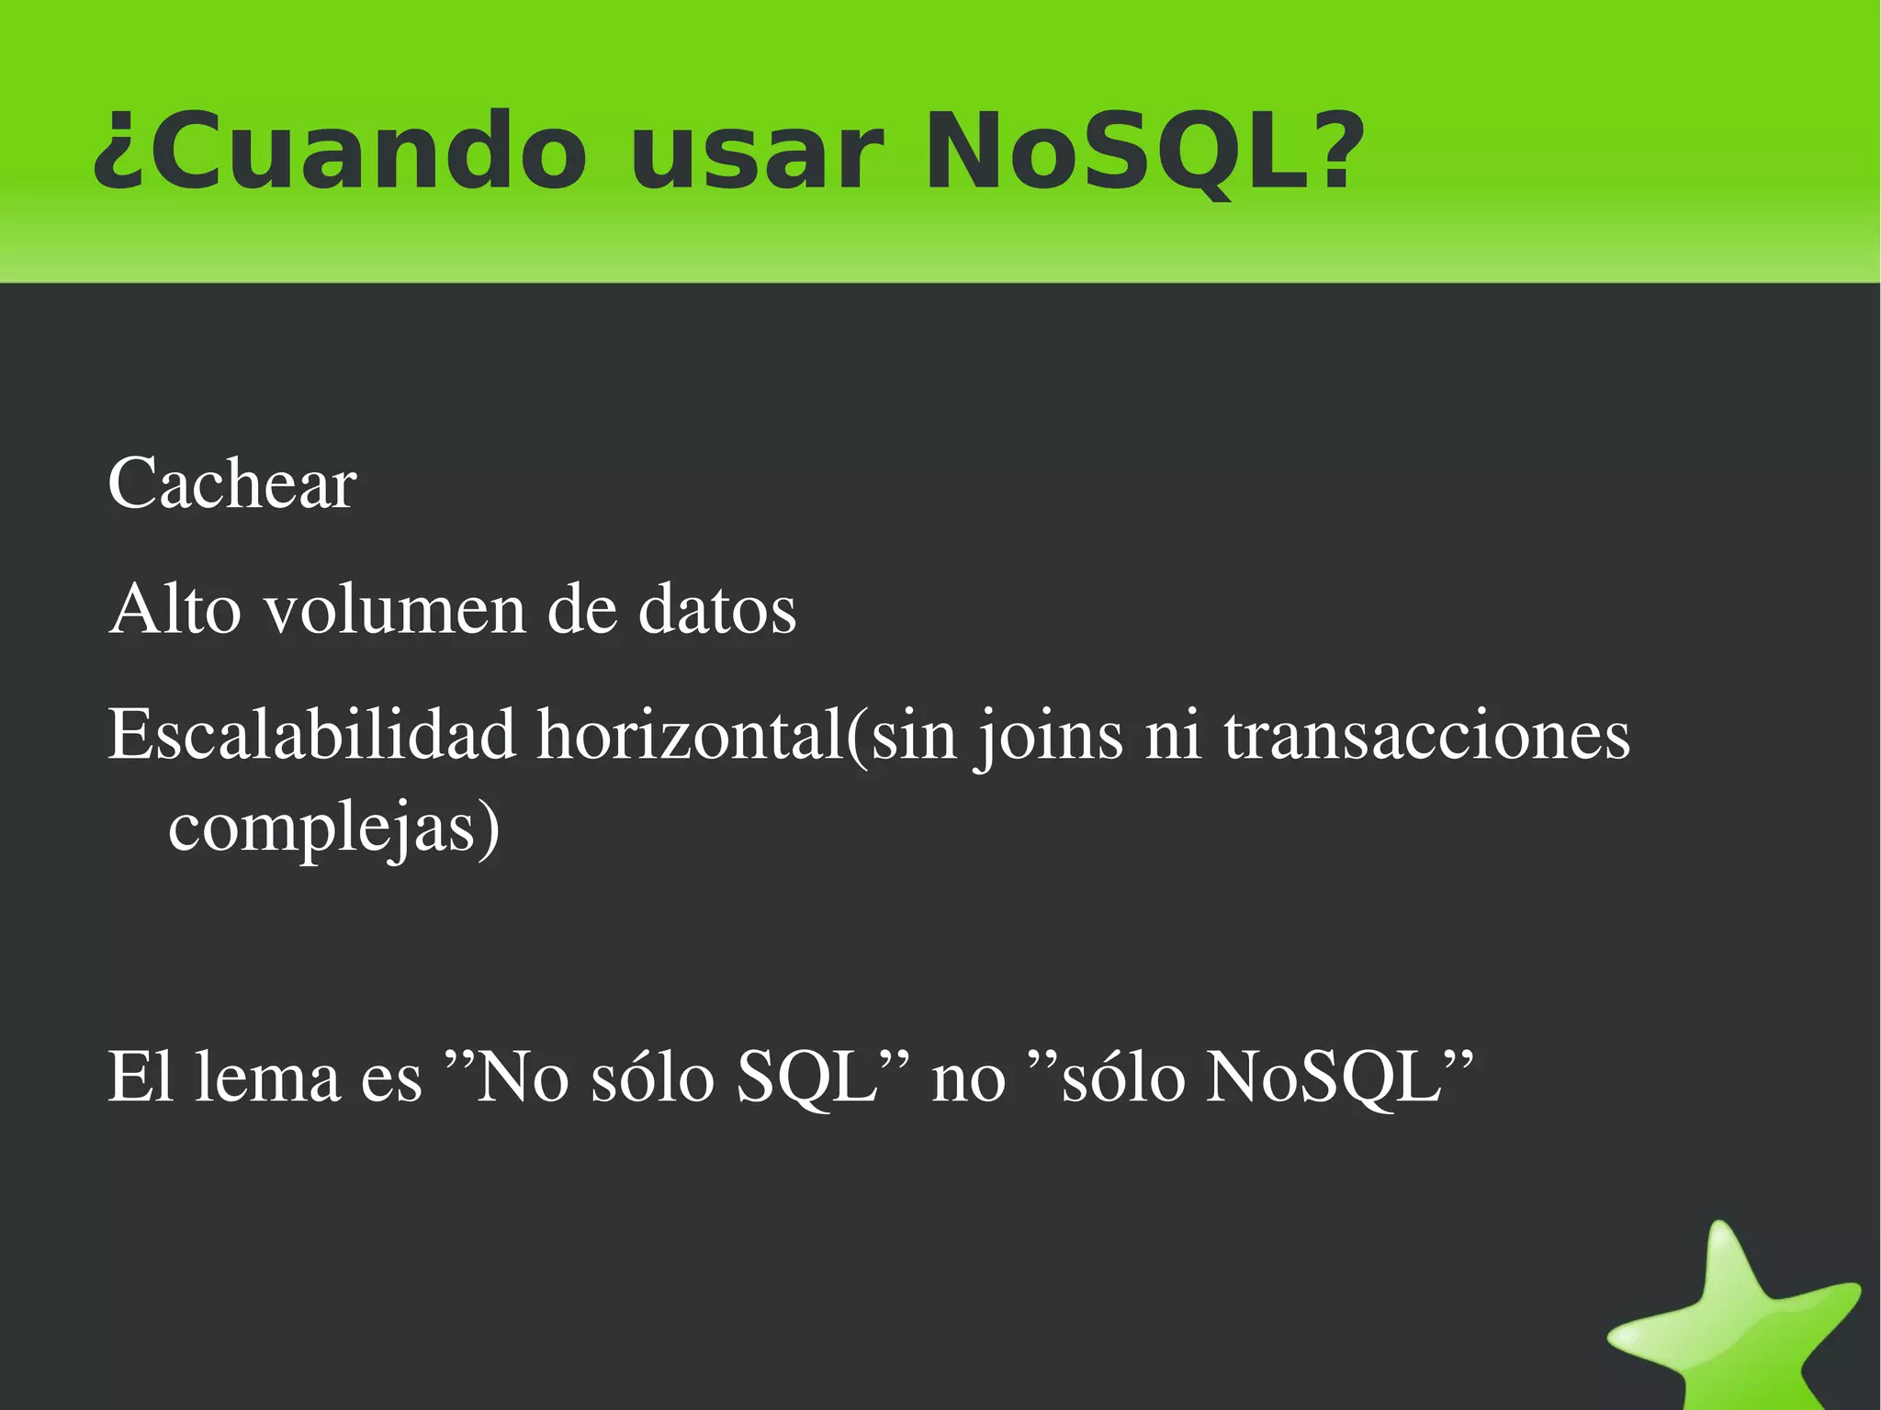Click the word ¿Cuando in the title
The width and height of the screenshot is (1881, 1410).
(x=340, y=152)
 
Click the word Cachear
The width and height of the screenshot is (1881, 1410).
(x=232, y=484)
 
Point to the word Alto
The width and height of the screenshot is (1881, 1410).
(x=175, y=609)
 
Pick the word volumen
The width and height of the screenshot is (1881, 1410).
(x=396, y=609)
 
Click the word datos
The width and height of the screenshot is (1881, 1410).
(x=717, y=609)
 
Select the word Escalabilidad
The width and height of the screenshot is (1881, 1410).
(x=312, y=735)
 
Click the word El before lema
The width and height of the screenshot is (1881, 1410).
(x=141, y=1077)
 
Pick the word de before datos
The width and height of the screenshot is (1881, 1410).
(x=581, y=609)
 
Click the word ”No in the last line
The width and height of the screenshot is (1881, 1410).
(x=506, y=1077)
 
